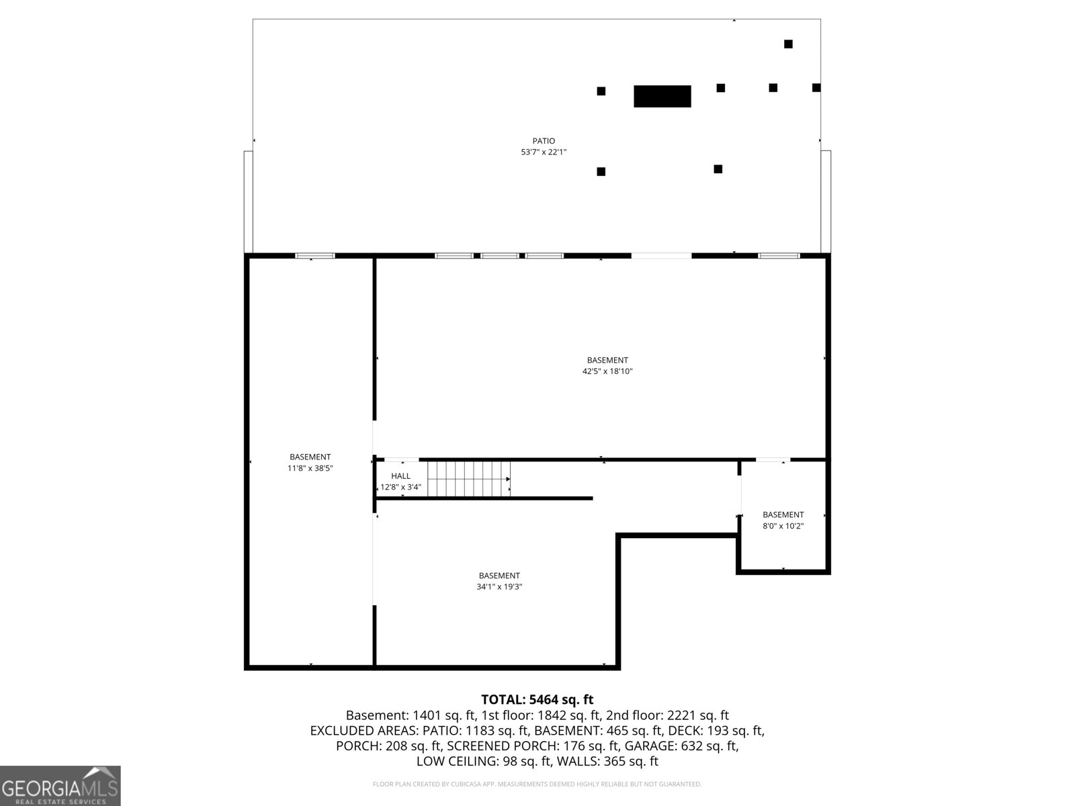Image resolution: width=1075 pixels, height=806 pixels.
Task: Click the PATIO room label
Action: pyautogui.click(x=544, y=141)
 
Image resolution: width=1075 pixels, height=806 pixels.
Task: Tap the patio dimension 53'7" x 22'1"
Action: pyautogui.click(x=544, y=152)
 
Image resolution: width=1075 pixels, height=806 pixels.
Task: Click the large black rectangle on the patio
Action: pyautogui.click(x=662, y=96)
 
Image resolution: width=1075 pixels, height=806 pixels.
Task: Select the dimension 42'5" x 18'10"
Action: pyautogui.click(x=607, y=371)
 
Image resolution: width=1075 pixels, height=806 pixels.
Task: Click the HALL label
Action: pyautogui.click(x=400, y=476)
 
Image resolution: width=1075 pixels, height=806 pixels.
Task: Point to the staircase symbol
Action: pyautogui.click(x=469, y=479)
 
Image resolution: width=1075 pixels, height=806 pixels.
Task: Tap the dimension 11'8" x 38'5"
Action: pyautogui.click(x=310, y=468)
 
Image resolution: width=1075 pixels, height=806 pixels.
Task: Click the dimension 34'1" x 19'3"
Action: pyautogui.click(x=499, y=587)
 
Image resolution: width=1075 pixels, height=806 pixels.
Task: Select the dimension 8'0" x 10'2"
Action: pyautogui.click(x=783, y=527)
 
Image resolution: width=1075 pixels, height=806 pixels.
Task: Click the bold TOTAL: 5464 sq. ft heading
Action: pyautogui.click(x=537, y=700)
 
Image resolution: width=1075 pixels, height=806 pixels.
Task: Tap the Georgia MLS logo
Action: pyautogui.click(x=60, y=785)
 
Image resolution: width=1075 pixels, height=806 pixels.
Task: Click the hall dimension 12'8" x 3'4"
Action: pyautogui.click(x=400, y=487)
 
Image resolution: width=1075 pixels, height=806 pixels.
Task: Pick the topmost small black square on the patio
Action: pyautogui.click(x=788, y=44)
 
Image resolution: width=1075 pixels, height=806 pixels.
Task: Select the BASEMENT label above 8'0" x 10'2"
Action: pyautogui.click(x=783, y=515)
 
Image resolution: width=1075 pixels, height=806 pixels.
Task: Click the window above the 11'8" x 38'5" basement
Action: pyautogui.click(x=315, y=256)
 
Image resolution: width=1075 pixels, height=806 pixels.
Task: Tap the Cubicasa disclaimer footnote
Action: pyautogui.click(x=537, y=784)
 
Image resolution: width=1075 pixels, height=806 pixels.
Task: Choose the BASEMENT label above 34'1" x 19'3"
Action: pyautogui.click(x=499, y=576)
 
